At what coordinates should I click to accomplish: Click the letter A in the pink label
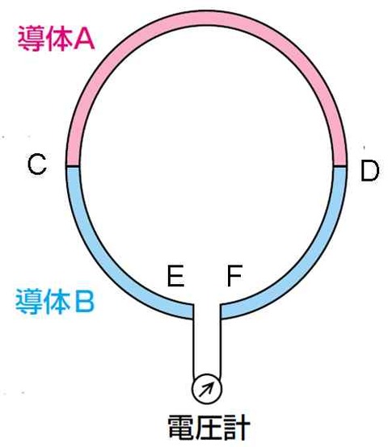coord(83,40)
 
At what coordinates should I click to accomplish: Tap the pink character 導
coord(31,39)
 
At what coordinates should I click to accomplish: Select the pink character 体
coord(58,39)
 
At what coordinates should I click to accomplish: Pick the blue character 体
coord(57,301)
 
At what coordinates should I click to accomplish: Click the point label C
coord(37,164)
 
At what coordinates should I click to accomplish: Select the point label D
coord(369,170)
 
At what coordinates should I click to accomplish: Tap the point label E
coord(175,276)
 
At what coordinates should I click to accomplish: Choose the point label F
coord(234,275)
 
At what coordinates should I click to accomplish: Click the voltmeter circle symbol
coord(207,389)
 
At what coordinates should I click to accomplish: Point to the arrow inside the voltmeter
coord(206,390)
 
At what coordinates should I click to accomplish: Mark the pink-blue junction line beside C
coord(73,166)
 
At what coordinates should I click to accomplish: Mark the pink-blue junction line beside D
coord(340,166)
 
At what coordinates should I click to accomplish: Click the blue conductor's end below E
coord(193,311)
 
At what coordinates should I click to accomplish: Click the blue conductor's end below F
coord(221,311)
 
